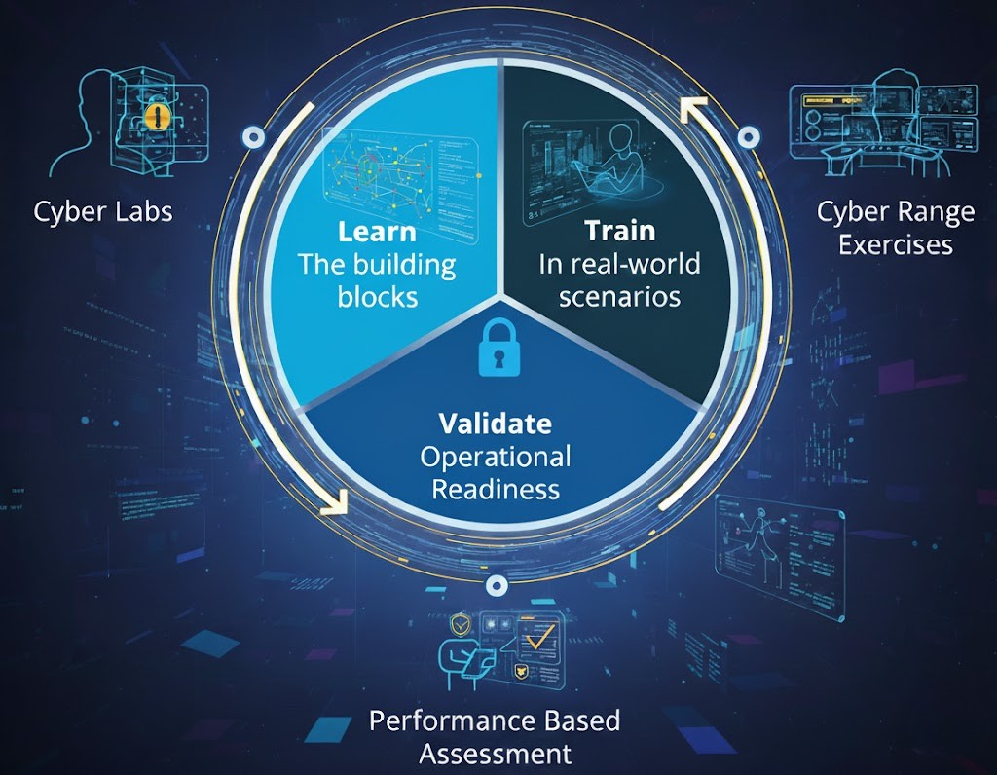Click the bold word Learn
pos(376,232)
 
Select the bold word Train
pos(619,231)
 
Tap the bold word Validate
pos(495,424)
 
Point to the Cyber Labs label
pos(103,210)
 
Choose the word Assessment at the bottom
pos(496,753)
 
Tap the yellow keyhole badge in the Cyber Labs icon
pos(157,118)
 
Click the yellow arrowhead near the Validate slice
pos(334,502)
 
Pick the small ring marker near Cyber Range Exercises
pos(749,138)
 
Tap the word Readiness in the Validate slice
pos(496,488)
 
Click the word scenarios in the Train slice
pos(619,295)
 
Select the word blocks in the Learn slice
pos(377,296)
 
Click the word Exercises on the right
pos(895,243)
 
